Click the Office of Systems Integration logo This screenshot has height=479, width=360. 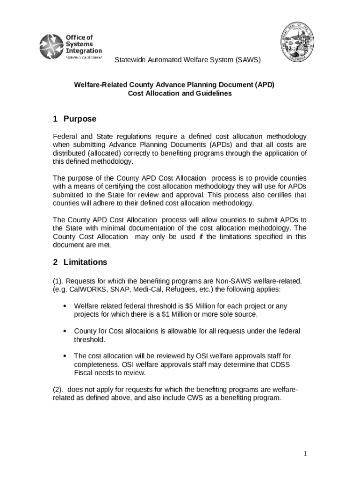point(70,47)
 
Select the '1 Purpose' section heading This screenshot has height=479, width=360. point(75,119)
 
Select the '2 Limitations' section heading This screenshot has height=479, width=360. point(80,262)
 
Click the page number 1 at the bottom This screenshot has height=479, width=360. point(304,453)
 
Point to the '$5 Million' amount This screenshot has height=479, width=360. point(200,306)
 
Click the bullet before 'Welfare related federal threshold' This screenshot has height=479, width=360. point(64,306)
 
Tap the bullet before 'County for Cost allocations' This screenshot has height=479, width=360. point(64,332)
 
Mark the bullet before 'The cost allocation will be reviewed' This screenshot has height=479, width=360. point(64,357)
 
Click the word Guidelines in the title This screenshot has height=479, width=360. point(216,93)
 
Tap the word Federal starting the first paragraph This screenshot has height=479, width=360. point(65,136)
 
